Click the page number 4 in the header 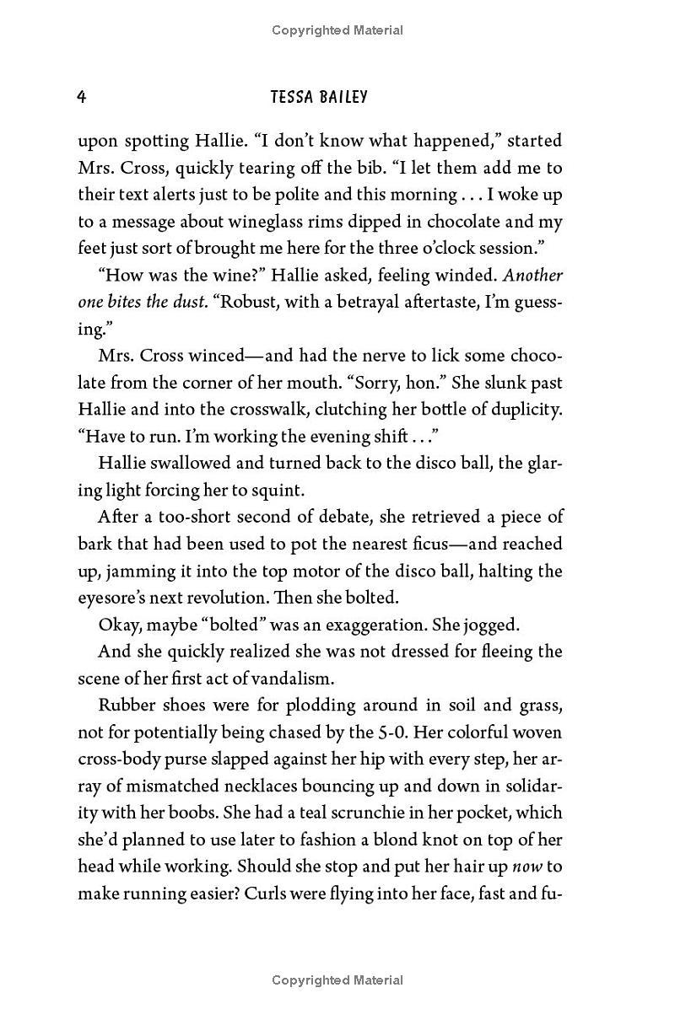point(82,97)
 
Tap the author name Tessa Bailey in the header point(319,97)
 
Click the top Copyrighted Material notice point(337,30)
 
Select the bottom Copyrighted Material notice point(337,980)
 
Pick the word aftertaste point(455,303)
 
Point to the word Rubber point(125,706)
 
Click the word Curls point(265,894)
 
